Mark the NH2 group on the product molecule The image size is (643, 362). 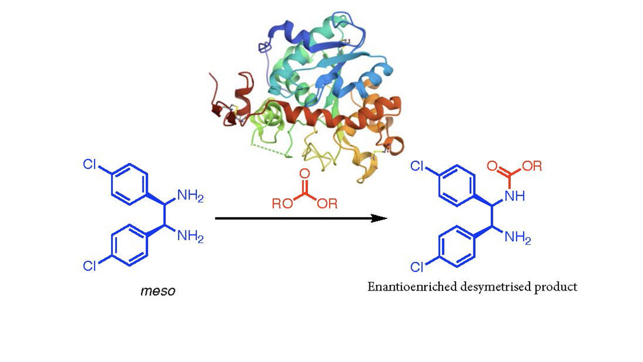coord(518,238)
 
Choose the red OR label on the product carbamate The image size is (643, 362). coord(533,166)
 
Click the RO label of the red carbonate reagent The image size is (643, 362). coord(280,203)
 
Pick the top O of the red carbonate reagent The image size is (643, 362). coord(304,173)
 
